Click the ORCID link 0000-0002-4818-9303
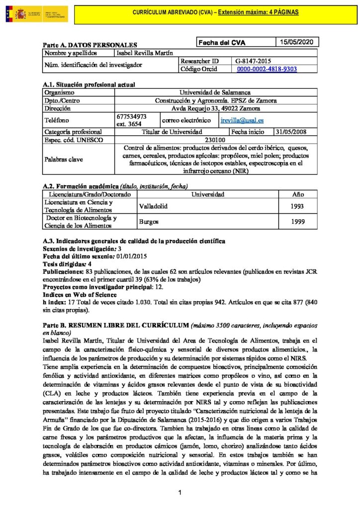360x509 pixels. (x=267, y=69)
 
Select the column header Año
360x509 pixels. (x=297, y=194)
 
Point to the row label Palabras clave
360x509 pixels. (x=64, y=160)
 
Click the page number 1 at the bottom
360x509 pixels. (x=180, y=493)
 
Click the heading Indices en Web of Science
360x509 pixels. (x=80, y=295)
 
